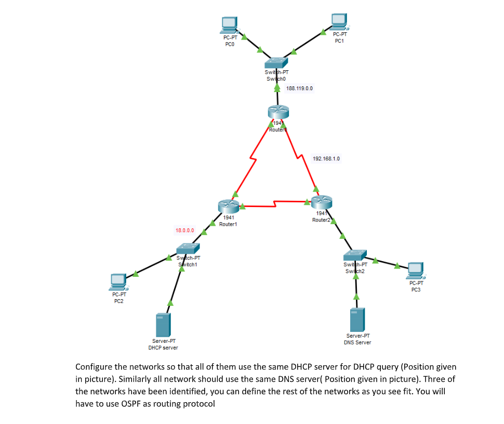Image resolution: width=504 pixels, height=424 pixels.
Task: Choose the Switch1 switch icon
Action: click(x=188, y=249)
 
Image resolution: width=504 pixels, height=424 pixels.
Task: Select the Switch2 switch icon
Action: click(x=355, y=255)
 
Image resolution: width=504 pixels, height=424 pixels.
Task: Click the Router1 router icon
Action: click(x=229, y=206)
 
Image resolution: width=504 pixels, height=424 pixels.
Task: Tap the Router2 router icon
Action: click(x=321, y=202)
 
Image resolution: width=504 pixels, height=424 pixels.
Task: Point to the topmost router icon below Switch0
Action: click(x=278, y=111)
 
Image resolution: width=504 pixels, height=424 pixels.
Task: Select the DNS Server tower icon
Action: click(x=357, y=319)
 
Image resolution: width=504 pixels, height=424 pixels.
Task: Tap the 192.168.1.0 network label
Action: click(x=326, y=158)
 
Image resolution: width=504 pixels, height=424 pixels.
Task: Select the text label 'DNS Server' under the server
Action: click(x=357, y=342)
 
